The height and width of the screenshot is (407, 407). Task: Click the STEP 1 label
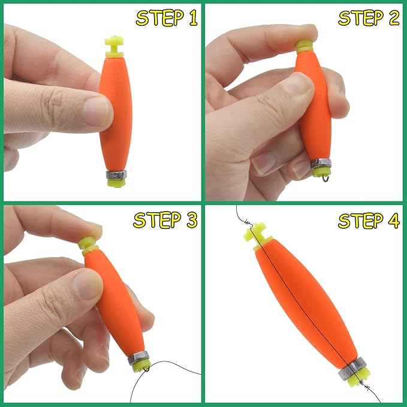167,18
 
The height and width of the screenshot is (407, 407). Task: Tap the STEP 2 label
369,18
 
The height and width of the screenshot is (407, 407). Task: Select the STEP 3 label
165,220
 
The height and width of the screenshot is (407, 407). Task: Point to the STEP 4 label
369,220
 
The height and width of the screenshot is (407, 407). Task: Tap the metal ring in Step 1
115,175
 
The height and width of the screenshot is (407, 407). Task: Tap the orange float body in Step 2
315,114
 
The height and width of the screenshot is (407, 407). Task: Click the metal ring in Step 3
137,358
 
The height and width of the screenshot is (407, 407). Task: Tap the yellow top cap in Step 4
255,231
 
